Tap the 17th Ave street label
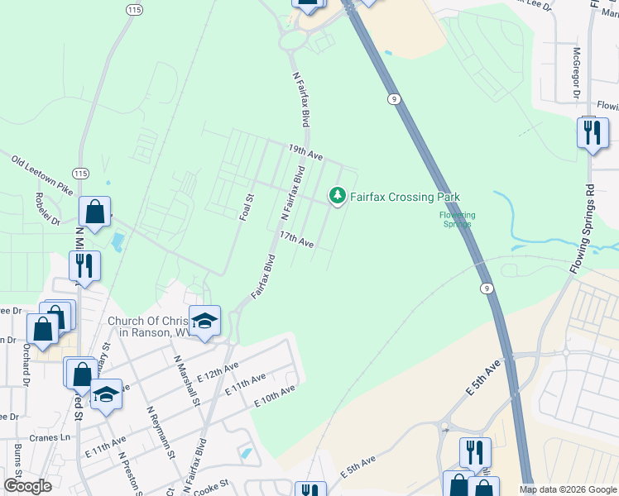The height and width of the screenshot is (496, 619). click(296, 240)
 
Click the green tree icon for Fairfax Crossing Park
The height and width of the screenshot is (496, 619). click(337, 196)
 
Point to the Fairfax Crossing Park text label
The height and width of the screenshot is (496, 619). click(404, 197)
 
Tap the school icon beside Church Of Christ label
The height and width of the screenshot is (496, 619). click(204, 321)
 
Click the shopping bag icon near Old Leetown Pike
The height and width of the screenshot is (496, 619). click(95, 212)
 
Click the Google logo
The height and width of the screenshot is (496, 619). click(27, 486)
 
